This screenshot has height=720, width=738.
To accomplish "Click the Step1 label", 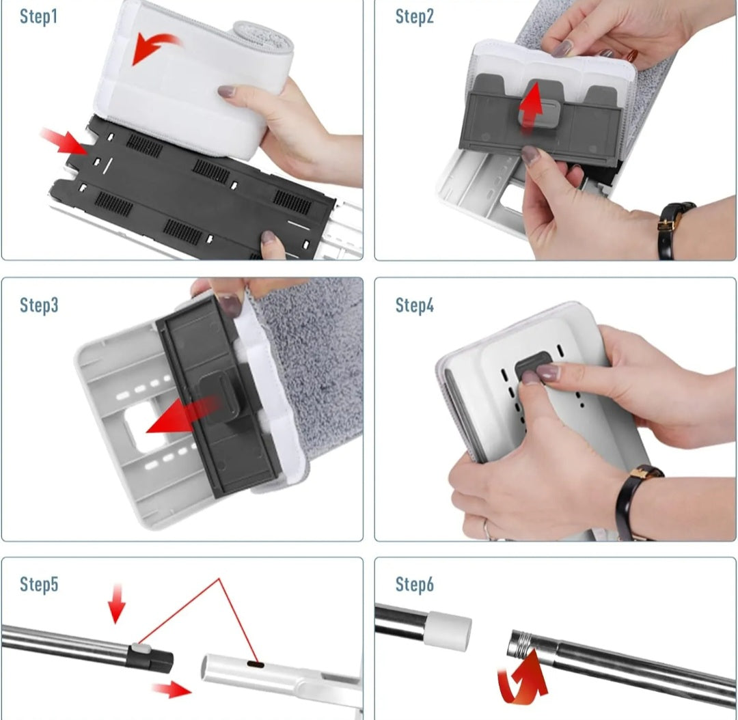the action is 38,16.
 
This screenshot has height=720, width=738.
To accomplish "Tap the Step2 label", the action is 414,16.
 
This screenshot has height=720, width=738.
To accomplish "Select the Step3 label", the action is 39,305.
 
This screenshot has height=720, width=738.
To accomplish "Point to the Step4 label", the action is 414,305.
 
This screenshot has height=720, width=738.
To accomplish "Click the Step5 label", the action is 39,584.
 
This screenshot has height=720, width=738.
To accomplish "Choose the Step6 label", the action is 414,584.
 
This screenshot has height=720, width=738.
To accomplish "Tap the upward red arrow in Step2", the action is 531,107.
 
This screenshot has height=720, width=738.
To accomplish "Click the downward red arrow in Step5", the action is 116,604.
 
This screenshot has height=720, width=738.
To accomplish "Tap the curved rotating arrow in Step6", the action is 523,678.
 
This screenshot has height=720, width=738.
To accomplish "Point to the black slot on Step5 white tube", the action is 256,665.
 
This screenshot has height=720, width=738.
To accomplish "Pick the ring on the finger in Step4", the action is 487,529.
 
